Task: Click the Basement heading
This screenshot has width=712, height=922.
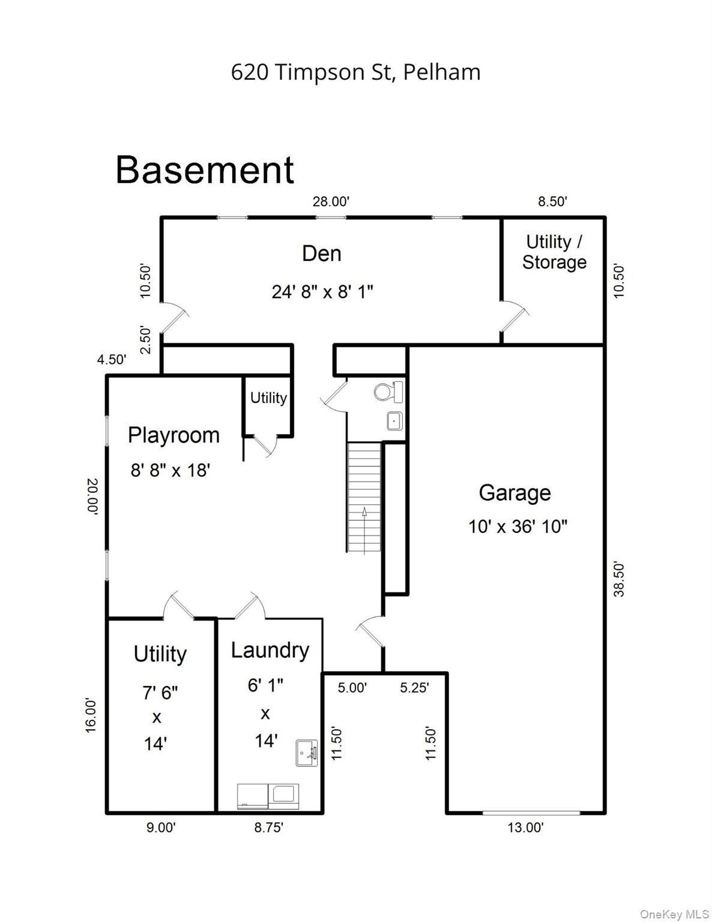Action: click(205, 170)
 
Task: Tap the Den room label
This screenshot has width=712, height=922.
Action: click(322, 254)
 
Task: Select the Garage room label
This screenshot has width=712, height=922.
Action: click(514, 493)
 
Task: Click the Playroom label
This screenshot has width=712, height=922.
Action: click(173, 436)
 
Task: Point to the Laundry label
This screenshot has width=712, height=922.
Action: click(270, 650)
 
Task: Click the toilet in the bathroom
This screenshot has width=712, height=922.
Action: click(388, 392)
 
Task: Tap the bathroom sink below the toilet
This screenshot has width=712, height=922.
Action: click(394, 421)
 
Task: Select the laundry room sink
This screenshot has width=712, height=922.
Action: click(306, 753)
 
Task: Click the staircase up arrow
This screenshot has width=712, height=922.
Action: click(364, 530)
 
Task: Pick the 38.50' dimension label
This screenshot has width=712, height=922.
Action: click(619, 580)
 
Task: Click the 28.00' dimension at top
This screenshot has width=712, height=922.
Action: click(331, 202)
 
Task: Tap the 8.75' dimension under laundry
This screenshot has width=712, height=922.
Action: click(268, 827)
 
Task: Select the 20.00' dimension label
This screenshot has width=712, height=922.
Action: click(92, 496)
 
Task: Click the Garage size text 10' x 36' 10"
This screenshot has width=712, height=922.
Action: click(517, 527)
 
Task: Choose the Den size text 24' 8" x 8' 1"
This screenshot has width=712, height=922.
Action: click(322, 292)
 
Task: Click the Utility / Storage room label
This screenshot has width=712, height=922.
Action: click(554, 252)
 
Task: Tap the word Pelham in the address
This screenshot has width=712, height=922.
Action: click(442, 72)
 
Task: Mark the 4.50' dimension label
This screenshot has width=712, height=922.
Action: click(112, 360)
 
